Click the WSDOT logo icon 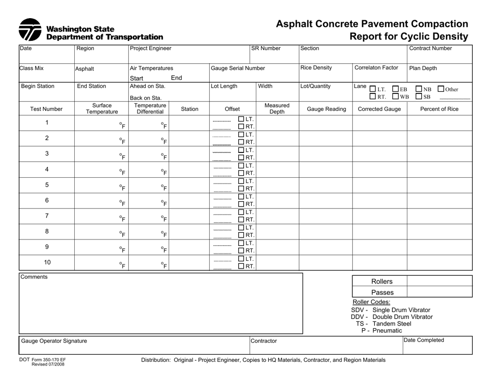tap(30, 30)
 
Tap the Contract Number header tap(430, 49)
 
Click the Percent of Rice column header tap(439, 109)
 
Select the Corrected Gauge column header tap(379, 109)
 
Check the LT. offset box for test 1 tap(241, 119)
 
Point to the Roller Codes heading tap(371, 302)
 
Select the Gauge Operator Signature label tap(54, 341)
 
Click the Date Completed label tap(424, 340)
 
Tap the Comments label tap(34, 277)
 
